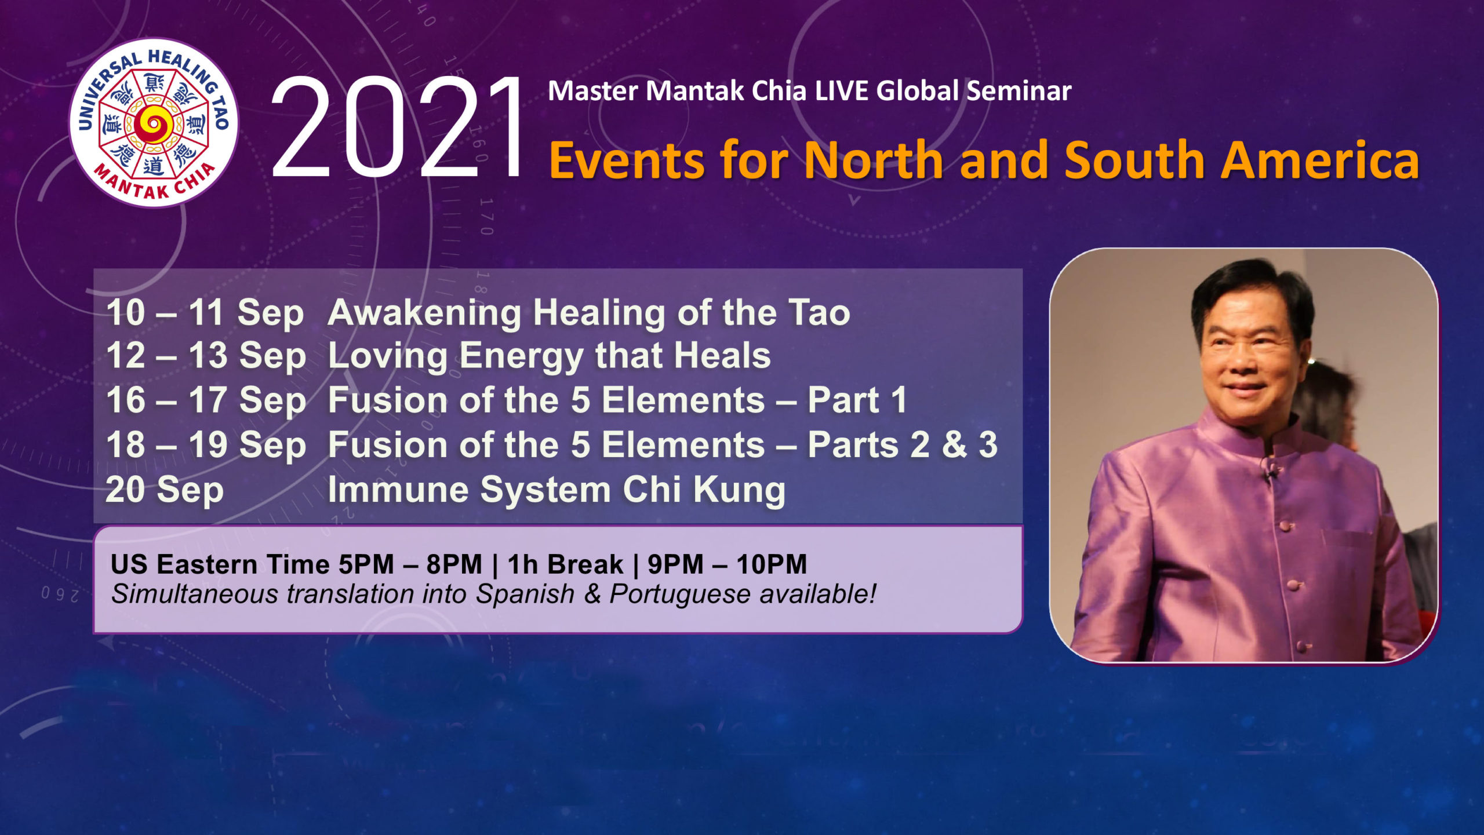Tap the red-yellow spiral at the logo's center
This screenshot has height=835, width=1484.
(153, 123)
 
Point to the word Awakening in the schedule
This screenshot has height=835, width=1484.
(425, 313)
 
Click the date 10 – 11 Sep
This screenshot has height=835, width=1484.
(205, 313)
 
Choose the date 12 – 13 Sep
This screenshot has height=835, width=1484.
(206, 356)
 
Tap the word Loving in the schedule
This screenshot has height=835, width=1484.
(388, 357)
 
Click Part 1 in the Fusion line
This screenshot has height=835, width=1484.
(857, 400)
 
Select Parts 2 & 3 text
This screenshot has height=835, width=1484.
(903, 445)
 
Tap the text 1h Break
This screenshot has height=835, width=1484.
(565, 565)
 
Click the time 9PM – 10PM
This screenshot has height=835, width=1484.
(727, 565)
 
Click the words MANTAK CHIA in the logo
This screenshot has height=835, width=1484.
(154, 183)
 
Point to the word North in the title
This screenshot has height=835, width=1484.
(875, 160)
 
